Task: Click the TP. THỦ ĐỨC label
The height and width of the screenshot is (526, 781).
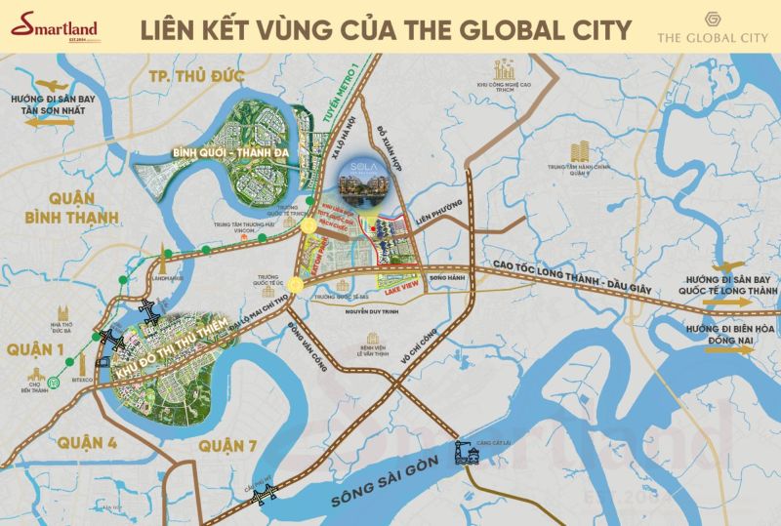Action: tap(185, 77)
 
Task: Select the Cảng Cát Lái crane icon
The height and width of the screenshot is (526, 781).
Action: tap(464, 452)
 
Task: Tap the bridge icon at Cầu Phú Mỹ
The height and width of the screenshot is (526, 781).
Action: tap(263, 497)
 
